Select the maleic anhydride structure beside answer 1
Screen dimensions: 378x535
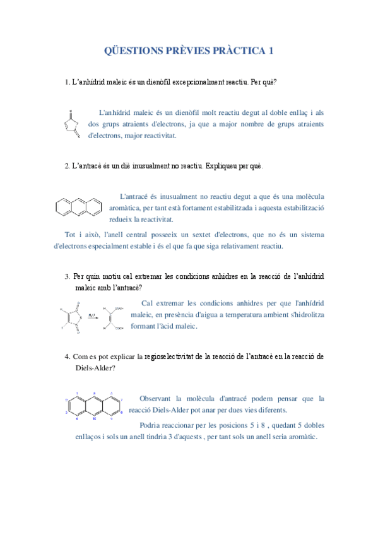71,124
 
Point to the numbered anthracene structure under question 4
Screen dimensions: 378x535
95,406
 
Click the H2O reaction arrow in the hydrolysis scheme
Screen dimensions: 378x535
92,317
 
